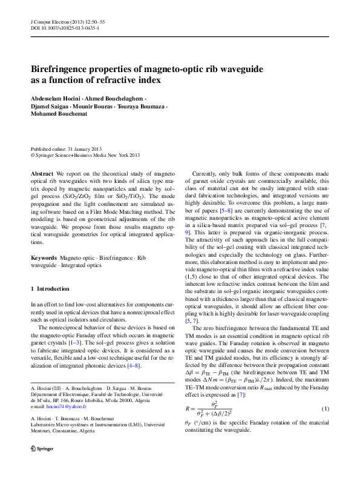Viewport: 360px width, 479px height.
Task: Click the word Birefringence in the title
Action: click(x=64, y=70)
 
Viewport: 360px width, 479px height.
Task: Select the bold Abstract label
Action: click(x=42, y=173)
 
